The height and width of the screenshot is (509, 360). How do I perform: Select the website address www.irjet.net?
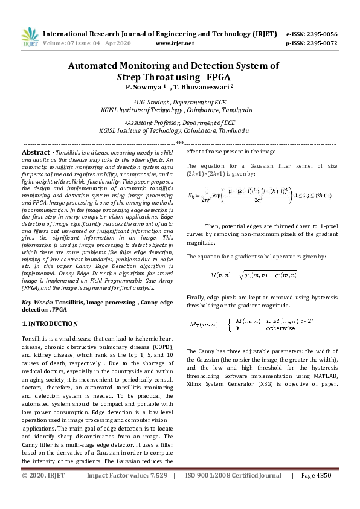(x=175, y=43)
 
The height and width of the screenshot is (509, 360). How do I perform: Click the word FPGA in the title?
(x=218, y=77)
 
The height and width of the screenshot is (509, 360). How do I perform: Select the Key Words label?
(x=37, y=302)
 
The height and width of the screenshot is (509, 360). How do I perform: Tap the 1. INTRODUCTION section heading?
(x=50, y=324)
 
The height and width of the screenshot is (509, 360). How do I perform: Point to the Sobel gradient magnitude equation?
(x=253, y=275)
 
